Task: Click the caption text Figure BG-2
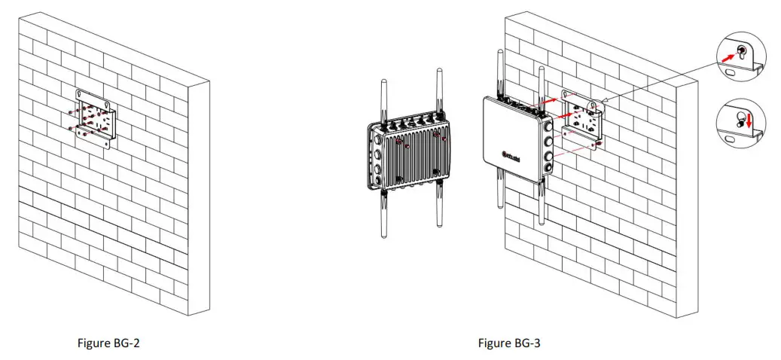[109, 343]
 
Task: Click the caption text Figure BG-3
[509, 343]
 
